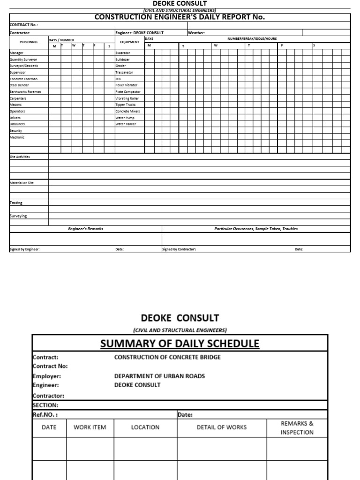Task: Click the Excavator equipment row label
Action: [x=123, y=53]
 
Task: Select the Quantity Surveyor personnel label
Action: [x=23, y=60]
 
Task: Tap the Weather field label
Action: [x=196, y=33]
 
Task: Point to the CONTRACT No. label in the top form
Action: [x=24, y=25]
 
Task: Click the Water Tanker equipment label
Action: [x=126, y=124]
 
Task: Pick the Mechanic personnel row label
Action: [x=17, y=137]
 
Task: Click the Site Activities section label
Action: [x=20, y=157]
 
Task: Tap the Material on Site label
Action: [x=22, y=182]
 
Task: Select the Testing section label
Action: [x=16, y=203]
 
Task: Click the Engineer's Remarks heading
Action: [x=85, y=229]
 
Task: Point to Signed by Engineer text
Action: [x=24, y=249]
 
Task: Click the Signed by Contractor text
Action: [x=179, y=249]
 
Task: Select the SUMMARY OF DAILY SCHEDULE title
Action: [x=180, y=344]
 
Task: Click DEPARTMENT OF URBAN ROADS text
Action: [x=159, y=376]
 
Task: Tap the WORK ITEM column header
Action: [x=90, y=427]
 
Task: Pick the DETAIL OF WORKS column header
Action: [x=222, y=427]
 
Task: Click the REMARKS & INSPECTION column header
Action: [x=297, y=427]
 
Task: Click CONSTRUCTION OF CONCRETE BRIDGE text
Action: [x=167, y=357]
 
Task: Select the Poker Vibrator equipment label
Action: [x=127, y=85]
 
